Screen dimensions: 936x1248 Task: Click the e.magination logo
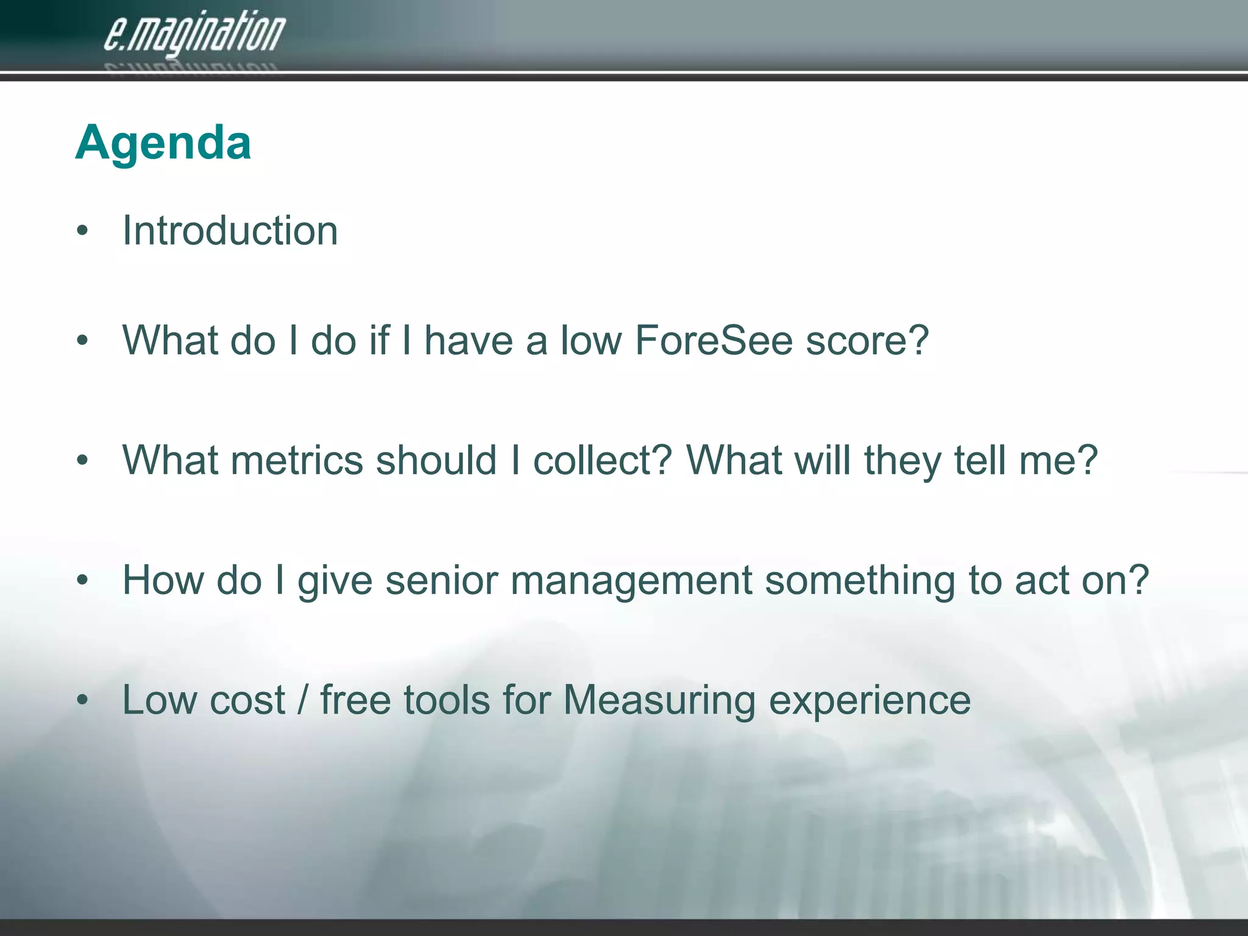[194, 35]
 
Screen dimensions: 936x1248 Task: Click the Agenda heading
[163, 143]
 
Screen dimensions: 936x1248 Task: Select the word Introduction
[230, 231]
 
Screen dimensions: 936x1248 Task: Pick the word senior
[442, 580]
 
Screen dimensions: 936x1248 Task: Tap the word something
[860, 580]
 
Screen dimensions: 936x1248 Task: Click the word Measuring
[659, 701]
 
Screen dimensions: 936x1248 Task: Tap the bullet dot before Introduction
[83, 232]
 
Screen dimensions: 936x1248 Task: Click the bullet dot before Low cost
[83, 701]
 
